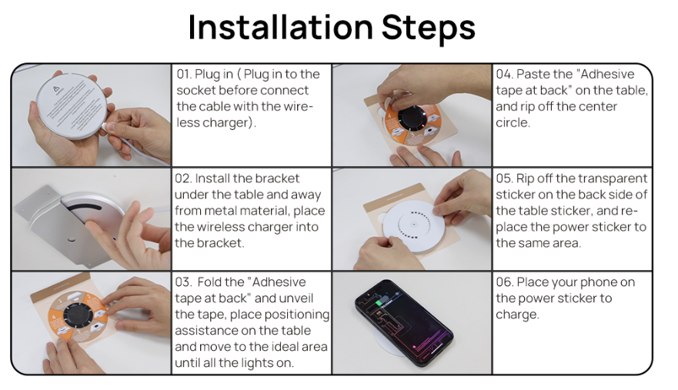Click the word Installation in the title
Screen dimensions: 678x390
(281, 27)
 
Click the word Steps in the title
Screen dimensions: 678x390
(429, 28)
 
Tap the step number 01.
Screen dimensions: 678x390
(183, 74)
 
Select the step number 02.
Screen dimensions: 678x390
(183, 178)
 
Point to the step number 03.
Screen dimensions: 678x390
(183, 282)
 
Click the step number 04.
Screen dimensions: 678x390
(504, 74)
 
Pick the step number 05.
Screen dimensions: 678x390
(504, 178)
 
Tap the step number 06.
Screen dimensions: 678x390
(504, 282)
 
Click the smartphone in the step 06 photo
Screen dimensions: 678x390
(404, 322)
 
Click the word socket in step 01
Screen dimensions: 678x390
(196, 90)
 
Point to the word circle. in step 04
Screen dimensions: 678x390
(513, 123)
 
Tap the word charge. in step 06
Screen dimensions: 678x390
(518, 315)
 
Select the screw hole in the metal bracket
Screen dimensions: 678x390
(71, 239)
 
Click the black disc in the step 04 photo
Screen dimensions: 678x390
(413, 118)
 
